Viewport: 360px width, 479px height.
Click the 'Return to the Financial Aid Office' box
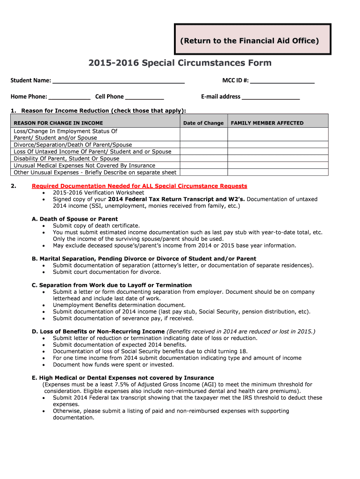coord(252,41)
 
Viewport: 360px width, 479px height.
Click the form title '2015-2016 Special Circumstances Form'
coord(180,63)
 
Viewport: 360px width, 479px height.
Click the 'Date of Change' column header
coord(203,123)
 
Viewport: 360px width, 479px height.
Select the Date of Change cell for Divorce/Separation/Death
coord(203,145)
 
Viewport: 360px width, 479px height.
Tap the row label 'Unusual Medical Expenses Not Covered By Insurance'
coord(84,166)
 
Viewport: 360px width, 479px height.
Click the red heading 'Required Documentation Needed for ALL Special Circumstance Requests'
coord(139,186)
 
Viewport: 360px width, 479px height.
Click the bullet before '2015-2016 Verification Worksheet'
coord(44,193)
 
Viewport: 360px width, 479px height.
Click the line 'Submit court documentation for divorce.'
coord(107,272)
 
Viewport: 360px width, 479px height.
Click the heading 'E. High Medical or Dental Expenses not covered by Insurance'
coord(123,377)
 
